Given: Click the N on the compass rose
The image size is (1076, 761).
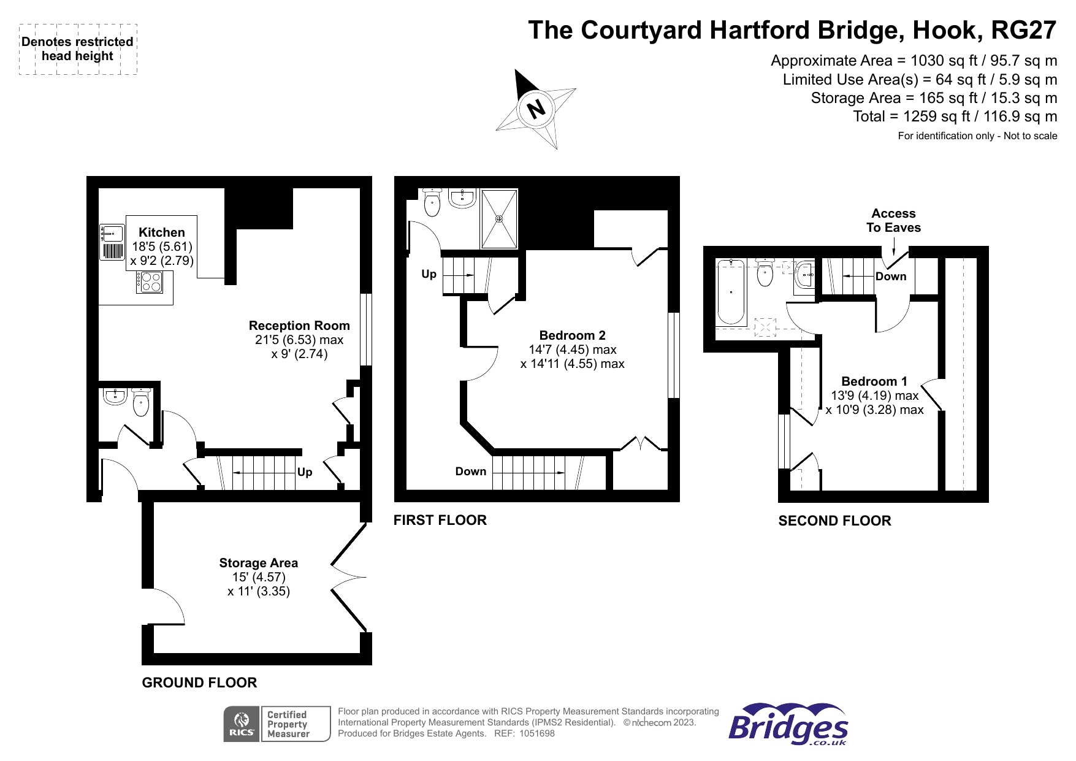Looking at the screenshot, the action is click(x=536, y=109).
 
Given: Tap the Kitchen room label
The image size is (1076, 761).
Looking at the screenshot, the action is click(x=162, y=232).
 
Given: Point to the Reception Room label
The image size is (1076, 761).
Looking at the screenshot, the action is click(x=299, y=326).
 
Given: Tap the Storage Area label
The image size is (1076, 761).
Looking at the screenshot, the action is click(x=259, y=563).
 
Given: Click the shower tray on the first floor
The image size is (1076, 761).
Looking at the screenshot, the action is click(x=499, y=218).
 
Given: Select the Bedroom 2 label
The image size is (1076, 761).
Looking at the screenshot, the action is click(x=573, y=335).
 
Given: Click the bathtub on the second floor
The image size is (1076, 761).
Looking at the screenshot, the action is click(x=731, y=292).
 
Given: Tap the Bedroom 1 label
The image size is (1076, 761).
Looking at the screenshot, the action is click(x=874, y=381).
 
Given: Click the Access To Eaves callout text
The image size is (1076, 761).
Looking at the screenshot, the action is click(x=893, y=221).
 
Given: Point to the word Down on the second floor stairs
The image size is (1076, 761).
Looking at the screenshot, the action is click(x=891, y=277).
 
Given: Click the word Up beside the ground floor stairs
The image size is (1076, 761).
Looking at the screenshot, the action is click(x=305, y=472).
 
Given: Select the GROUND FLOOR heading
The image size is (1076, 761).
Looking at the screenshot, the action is click(x=199, y=683).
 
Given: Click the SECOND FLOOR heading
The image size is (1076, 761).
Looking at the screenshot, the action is click(x=834, y=521).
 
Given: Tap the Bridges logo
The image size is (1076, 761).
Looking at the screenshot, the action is click(x=788, y=724).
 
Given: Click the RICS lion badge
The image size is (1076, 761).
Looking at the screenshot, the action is click(x=242, y=724).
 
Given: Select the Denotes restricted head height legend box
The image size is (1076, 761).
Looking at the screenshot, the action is click(x=78, y=49).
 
